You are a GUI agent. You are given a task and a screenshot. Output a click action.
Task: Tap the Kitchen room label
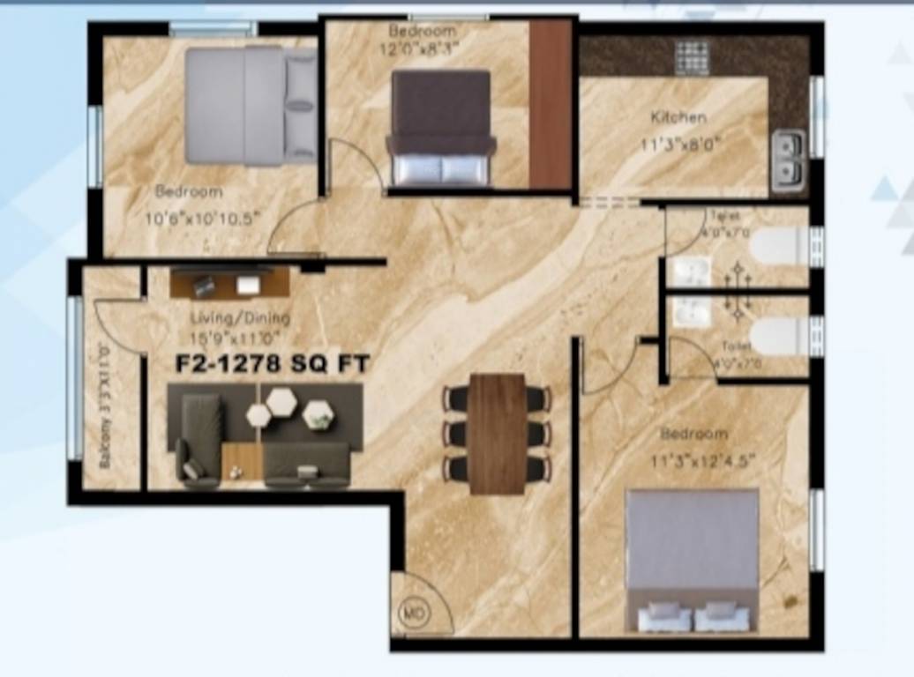point(678,117)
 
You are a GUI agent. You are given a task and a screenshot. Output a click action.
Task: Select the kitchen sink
point(788,161)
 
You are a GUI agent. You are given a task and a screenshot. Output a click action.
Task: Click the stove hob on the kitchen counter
point(692,57)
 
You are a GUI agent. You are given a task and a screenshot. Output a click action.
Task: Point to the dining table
point(497,434)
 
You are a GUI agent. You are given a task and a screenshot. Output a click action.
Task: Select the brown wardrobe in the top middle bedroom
point(551,104)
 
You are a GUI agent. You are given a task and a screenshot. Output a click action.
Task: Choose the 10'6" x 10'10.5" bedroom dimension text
point(204,219)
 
